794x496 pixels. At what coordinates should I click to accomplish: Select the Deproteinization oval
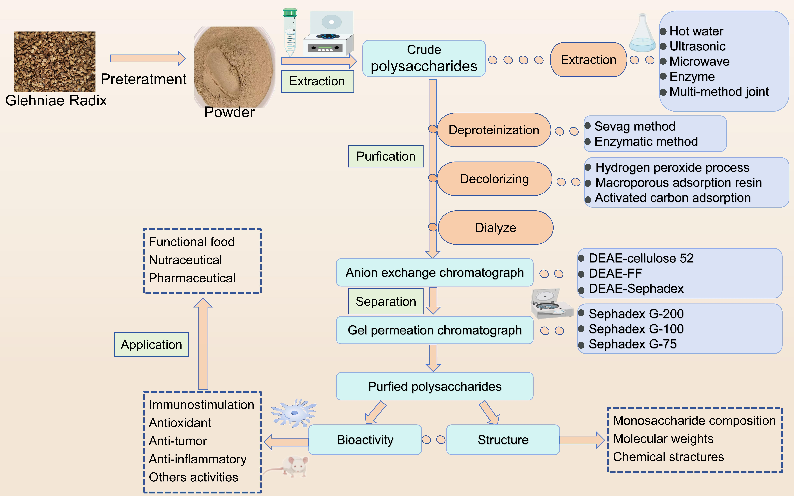point(494,130)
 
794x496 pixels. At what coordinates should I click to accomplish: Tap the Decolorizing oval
point(494,179)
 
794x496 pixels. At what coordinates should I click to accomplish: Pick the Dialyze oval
point(496,228)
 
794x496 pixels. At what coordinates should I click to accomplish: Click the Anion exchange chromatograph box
point(434,273)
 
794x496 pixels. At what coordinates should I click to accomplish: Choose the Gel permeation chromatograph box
point(434,330)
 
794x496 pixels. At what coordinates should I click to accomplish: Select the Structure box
point(503,440)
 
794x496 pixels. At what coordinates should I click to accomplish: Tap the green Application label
point(151,344)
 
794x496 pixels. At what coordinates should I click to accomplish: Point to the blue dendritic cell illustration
point(294,413)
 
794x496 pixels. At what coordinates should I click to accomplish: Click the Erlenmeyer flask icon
point(642,34)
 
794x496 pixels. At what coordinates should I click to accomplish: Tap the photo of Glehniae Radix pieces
point(55,62)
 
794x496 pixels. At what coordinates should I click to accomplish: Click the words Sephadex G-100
point(636,329)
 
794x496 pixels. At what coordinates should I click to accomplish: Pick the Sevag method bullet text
point(634,126)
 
